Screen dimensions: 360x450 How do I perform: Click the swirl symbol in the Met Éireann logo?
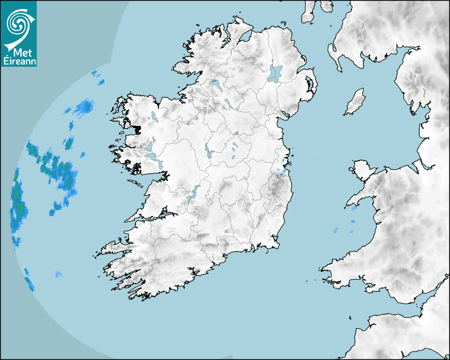click(17, 23)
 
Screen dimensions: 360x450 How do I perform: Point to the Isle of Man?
click(355, 102)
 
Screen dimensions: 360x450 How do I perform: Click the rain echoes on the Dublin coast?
click(282, 167)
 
